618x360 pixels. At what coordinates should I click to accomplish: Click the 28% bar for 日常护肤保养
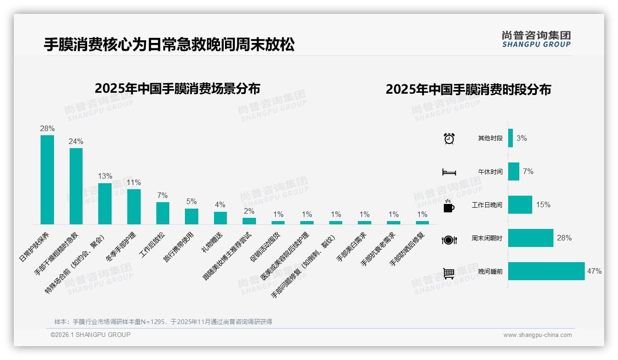(47, 180)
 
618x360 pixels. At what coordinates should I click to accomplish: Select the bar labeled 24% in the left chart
(76, 186)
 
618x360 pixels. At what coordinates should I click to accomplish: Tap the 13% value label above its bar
(105, 176)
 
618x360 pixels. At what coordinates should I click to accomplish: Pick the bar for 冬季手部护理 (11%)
(134, 206)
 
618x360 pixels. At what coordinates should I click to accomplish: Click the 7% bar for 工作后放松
(162, 213)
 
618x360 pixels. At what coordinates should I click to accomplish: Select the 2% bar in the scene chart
(249, 221)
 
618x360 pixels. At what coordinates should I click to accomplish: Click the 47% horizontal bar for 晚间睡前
(546, 271)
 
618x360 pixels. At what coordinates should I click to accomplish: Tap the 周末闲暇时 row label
(487, 239)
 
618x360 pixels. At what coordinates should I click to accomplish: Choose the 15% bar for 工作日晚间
(520, 204)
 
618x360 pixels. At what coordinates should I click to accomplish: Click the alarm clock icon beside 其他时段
(449, 138)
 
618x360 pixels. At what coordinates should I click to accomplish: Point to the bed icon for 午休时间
(449, 172)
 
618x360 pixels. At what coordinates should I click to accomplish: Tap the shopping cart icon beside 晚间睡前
(449, 273)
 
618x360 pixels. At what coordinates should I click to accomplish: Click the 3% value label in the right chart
(522, 138)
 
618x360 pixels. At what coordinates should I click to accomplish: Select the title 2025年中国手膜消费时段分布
(468, 90)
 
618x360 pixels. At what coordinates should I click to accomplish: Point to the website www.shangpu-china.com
(537, 335)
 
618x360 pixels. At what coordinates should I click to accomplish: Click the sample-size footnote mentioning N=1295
(163, 321)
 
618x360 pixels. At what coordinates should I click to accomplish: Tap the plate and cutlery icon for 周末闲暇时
(449, 240)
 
